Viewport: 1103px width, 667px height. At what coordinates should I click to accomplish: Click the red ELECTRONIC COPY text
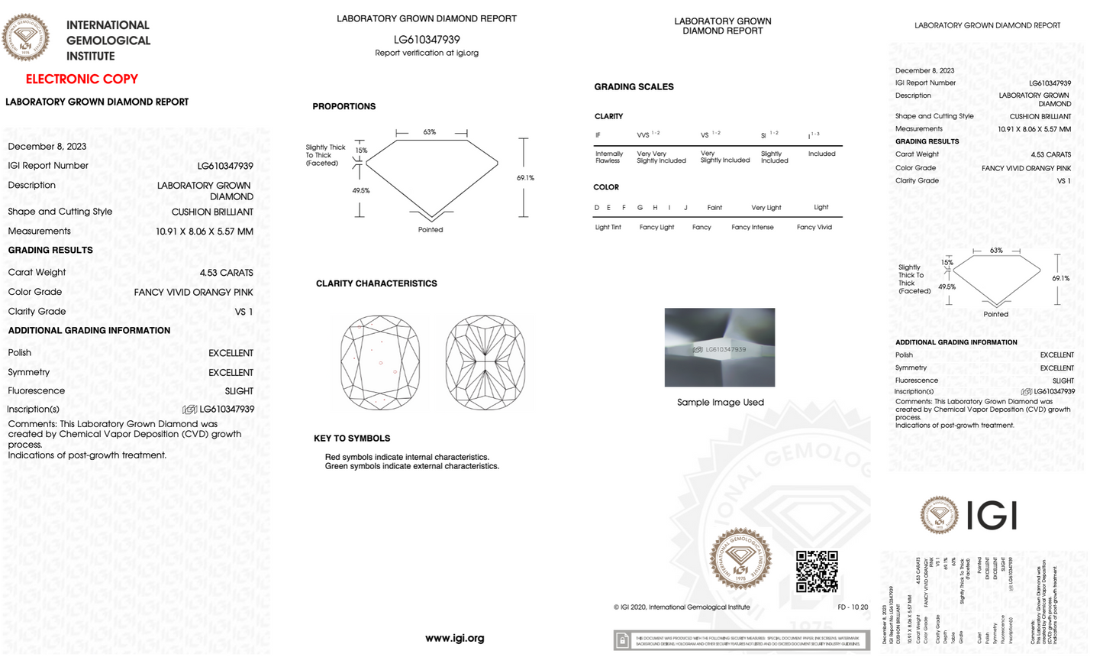(x=82, y=79)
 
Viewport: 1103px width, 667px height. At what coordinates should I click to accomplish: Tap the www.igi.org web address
(x=455, y=638)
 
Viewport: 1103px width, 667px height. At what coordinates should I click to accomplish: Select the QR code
(x=817, y=571)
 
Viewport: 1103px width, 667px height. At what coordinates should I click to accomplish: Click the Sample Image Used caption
(x=720, y=403)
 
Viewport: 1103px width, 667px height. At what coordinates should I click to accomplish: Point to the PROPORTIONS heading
(x=343, y=106)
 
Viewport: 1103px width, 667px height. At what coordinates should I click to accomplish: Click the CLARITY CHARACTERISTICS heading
(x=376, y=283)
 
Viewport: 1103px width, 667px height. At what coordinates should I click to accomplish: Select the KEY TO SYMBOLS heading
(x=352, y=439)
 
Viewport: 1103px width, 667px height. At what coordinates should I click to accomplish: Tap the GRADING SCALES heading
(x=634, y=87)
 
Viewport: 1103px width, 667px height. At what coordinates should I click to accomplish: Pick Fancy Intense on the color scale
(x=752, y=227)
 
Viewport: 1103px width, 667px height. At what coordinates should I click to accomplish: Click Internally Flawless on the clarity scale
(x=608, y=157)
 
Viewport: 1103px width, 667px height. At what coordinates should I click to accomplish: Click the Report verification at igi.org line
(x=427, y=53)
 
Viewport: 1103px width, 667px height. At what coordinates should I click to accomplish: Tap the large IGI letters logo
(x=992, y=516)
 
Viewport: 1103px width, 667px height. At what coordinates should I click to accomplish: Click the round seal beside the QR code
(x=740, y=559)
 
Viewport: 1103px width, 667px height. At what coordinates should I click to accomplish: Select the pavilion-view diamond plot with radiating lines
(x=485, y=362)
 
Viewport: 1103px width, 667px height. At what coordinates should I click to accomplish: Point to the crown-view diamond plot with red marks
(x=380, y=362)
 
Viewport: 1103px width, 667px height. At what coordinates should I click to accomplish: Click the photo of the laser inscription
(x=719, y=348)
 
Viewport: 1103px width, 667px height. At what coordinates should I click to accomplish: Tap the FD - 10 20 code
(x=853, y=607)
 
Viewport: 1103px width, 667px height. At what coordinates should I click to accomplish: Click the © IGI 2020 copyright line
(x=682, y=607)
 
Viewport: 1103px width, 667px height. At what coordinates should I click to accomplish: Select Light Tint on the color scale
(x=608, y=227)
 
